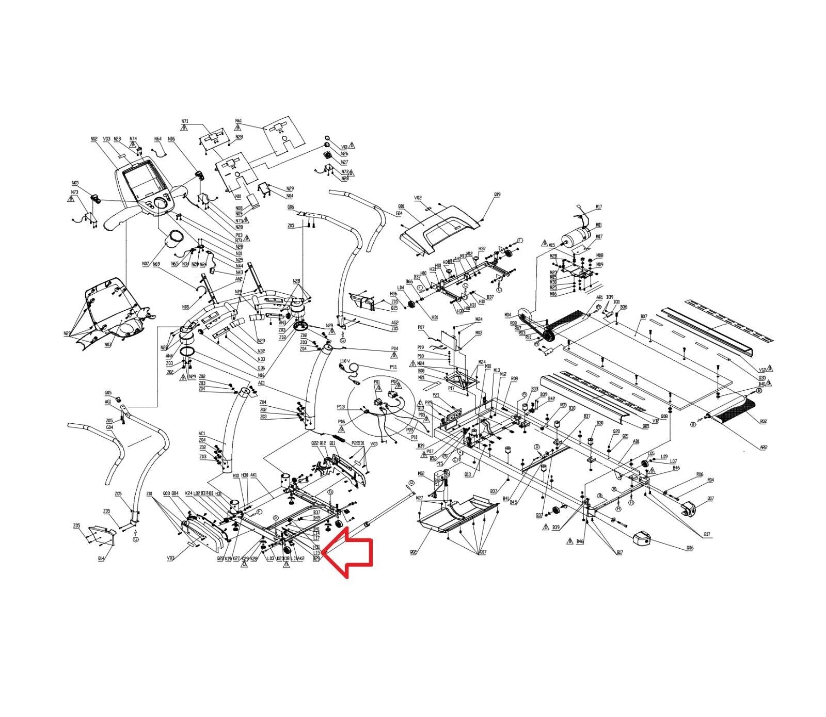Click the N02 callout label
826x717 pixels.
coord(94,139)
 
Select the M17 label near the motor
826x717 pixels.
coord(598,207)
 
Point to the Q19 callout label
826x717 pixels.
coord(497,195)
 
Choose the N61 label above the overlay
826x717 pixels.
coord(239,121)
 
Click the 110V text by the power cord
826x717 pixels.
coord(345,361)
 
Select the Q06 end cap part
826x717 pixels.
coord(642,540)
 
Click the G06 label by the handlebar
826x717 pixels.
coord(291,207)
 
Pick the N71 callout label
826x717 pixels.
coord(185,121)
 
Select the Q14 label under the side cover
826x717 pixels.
coord(102,559)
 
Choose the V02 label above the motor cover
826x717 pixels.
coord(418,198)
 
